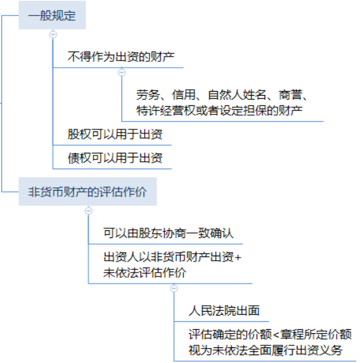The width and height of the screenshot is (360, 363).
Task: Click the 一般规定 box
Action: tap(52, 15)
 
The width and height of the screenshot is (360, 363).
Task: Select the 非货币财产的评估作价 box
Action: tap(88, 191)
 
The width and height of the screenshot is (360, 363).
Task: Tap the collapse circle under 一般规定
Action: tap(53, 34)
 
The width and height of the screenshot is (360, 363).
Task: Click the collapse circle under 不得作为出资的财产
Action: tap(122, 73)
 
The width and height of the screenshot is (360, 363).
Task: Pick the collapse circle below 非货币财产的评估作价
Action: tap(88, 211)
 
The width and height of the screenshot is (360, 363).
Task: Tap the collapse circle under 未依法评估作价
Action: tap(174, 288)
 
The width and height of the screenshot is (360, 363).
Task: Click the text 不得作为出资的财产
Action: tap(121, 57)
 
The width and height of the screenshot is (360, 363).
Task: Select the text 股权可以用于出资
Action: tap(115, 134)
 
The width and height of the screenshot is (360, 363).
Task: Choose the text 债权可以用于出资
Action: tap(115, 158)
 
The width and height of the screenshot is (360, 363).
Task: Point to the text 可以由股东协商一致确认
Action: tap(168, 233)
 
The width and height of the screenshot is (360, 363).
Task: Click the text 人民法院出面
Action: tap(224, 311)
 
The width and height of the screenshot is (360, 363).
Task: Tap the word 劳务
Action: tap(148, 95)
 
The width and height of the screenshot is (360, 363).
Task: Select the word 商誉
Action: tap(290, 95)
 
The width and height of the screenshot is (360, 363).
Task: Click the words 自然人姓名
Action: tap(237, 95)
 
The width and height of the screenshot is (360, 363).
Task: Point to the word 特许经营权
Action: tap(166, 111)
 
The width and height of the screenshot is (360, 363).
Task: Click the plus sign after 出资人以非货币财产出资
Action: tap(238, 258)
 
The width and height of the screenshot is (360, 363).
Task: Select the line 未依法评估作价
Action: tap(144, 273)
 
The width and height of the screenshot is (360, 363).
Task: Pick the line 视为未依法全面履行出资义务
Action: tap(265, 350)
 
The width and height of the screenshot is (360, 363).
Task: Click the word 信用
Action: tap(184, 95)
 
